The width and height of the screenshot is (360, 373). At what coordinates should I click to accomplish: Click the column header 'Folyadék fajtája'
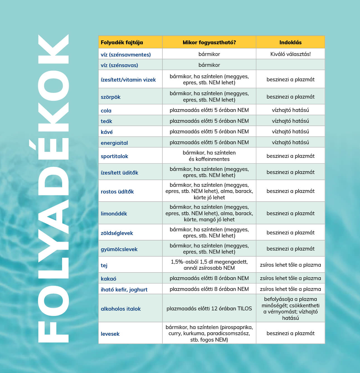click(122, 43)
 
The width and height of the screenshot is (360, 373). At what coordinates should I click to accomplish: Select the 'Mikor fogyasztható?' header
click(209, 43)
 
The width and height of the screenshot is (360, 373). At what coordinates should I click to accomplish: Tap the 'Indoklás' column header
click(290, 43)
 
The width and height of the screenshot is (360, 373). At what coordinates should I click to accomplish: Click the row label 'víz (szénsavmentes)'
click(126, 55)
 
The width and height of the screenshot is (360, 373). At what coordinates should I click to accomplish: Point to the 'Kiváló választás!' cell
click(290, 54)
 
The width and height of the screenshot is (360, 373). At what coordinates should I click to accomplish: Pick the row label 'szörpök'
click(111, 97)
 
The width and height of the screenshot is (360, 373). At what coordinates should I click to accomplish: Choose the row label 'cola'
click(106, 111)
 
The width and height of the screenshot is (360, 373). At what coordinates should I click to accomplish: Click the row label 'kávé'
click(107, 132)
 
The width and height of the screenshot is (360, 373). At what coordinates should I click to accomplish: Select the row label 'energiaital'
click(114, 143)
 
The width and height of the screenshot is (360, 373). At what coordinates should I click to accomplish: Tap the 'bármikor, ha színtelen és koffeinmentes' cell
click(209, 156)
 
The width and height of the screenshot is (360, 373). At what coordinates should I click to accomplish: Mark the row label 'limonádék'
click(114, 214)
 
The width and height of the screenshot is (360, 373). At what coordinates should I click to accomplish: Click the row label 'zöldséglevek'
click(117, 233)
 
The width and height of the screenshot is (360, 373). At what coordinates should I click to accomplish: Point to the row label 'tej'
click(104, 265)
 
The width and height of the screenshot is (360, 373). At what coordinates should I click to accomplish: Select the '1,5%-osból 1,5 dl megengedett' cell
click(209, 265)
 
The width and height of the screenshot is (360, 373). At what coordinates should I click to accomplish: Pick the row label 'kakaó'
click(108, 279)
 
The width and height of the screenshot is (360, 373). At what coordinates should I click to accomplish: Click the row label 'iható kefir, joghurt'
click(124, 289)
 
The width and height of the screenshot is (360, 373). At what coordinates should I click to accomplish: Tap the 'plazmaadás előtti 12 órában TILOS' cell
click(209, 308)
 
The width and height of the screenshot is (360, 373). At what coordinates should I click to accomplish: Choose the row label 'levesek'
click(110, 334)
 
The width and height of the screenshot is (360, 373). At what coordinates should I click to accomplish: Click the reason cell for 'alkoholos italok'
click(290, 308)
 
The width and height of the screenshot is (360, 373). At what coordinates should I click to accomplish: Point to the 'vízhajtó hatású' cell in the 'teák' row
click(290, 121)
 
